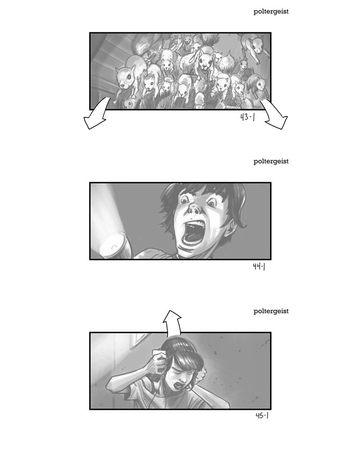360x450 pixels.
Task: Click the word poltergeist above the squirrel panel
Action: click(x=271, y=12)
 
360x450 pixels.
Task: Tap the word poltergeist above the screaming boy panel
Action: click(x=271, y=162)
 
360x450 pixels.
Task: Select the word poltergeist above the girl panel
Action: click(x=271, y=311)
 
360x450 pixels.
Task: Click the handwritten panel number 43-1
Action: click(x=247, y=117)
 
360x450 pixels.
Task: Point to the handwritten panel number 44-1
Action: click(x=259, y=267)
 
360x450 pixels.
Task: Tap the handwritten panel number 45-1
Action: click(x=262, y=415)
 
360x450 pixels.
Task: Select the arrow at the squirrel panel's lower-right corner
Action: click(x=274, y=115)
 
